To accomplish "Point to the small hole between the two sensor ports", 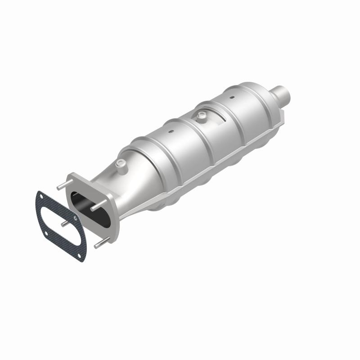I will click(171, 132).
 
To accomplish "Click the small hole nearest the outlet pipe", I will click(232, 97).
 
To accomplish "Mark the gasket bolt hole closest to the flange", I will click(74, 219).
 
